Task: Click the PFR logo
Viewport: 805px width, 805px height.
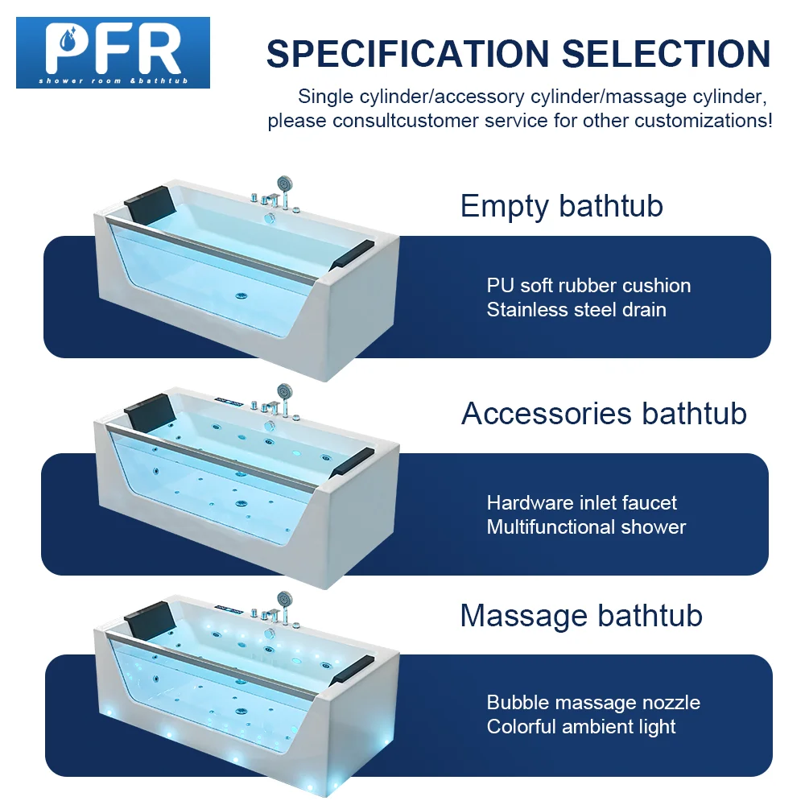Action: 113,52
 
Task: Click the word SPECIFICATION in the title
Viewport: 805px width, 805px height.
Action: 408,54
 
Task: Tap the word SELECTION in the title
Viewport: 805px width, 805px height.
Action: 666,54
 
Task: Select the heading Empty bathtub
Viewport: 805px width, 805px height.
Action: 561,206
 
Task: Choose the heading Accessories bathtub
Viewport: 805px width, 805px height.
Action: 604,414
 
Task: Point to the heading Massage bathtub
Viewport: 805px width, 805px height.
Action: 581,616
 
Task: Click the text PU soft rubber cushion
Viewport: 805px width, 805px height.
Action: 588,286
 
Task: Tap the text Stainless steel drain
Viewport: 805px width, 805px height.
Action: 576,310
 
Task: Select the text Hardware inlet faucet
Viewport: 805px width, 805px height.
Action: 582,503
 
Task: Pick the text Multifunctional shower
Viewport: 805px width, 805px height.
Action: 586,527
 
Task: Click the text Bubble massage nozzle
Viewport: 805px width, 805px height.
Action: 593,703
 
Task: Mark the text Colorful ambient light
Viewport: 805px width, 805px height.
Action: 581,727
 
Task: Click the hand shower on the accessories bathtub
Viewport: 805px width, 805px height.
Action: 282,390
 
